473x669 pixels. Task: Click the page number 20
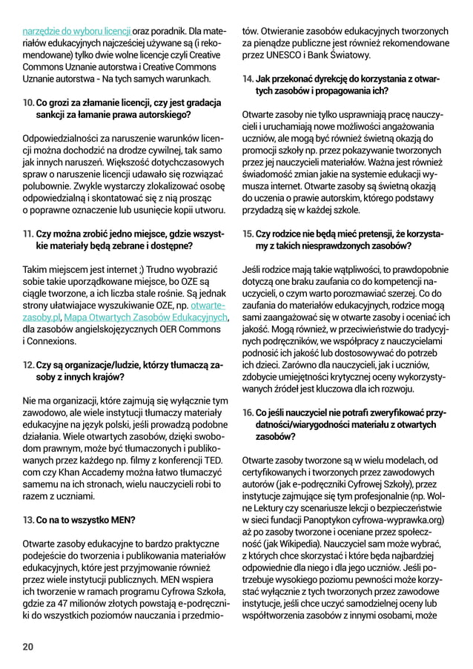[28, 647]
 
